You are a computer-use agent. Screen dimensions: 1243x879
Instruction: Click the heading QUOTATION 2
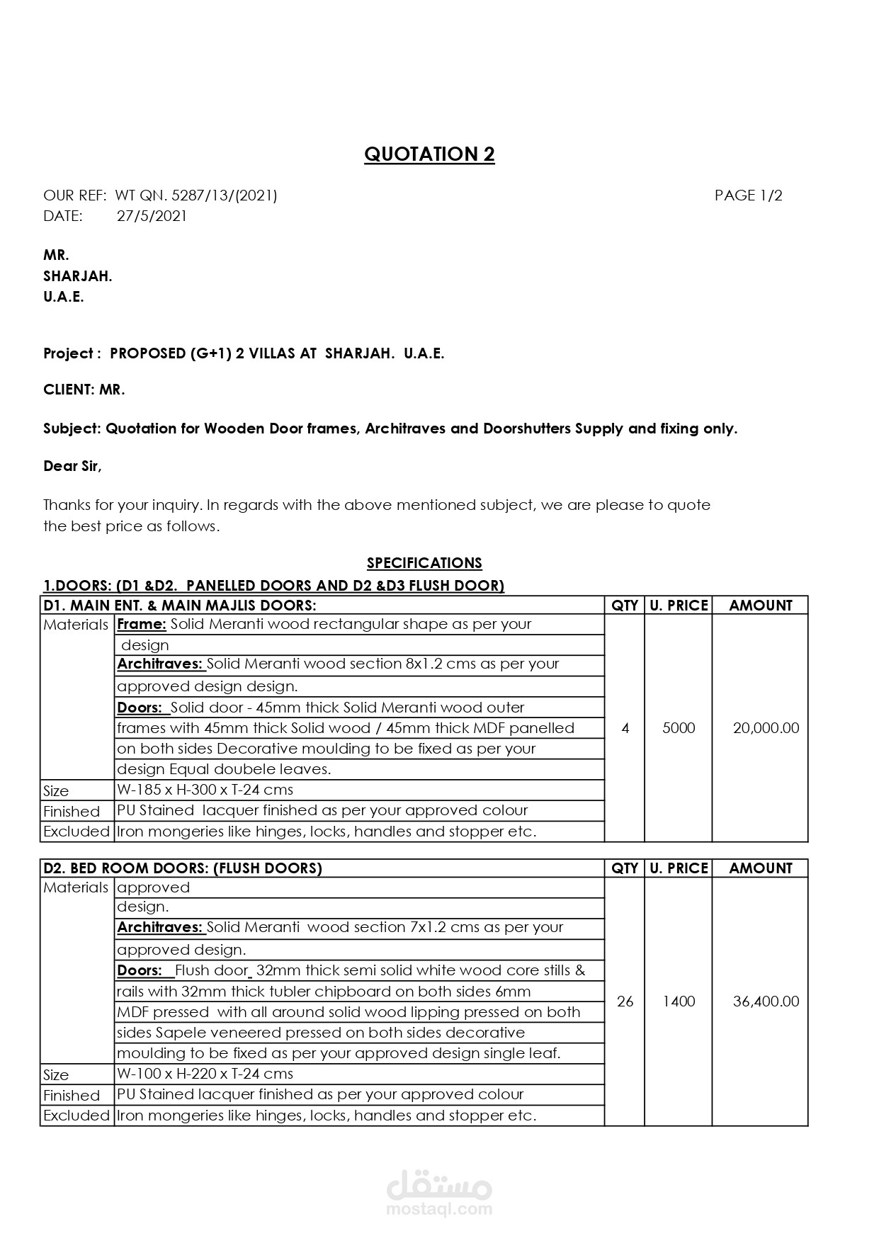tap(429, 154)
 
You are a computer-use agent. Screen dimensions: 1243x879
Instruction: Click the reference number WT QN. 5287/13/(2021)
tap(195, 195)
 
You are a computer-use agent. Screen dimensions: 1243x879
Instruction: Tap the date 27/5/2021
tap(152, 216)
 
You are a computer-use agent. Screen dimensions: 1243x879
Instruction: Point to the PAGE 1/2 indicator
tap(748, 195)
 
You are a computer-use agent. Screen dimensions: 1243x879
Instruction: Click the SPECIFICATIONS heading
tap(424, 563)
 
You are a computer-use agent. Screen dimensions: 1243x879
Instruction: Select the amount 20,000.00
tap(766, 728)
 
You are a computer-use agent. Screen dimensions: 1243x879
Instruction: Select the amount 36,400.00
tap(766, 1001)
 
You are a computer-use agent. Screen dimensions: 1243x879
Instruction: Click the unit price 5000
tap(679, 728)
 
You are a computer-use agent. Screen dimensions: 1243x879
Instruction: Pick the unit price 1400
tap(679, 1001)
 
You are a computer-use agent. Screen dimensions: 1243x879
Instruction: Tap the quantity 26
tap(625, 1001)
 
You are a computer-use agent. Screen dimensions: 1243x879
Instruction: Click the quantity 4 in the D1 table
tap(625, 728)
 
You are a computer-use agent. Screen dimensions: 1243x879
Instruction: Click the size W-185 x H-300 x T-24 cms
tap(205, 790)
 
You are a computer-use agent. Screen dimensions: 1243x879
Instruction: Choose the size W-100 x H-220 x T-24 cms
tap(205, 1074)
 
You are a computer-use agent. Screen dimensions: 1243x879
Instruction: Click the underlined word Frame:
tap(142, 625)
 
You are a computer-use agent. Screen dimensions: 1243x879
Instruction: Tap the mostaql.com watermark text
tap(439, 1209)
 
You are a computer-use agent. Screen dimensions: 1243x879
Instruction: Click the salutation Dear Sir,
tap(72, 466)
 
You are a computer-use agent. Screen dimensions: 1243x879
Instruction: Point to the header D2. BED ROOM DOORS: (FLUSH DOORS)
tap(183, 868)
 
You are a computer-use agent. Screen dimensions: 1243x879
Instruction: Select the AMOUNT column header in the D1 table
tap(760, 606)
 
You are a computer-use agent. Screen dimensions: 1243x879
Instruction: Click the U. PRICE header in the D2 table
tap(679, 868)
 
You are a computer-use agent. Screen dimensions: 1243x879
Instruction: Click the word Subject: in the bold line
tap(72, 428)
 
